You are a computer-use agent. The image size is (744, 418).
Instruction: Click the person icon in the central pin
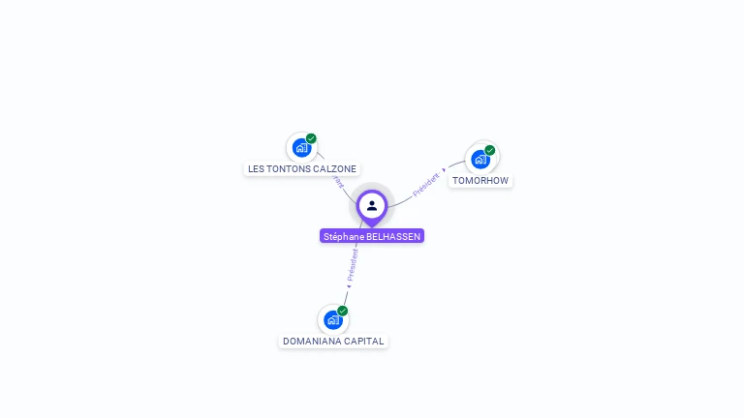point(372,205)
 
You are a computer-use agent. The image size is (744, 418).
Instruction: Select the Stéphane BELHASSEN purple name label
point(372,236)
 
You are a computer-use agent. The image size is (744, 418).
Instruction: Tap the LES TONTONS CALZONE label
point(302,168)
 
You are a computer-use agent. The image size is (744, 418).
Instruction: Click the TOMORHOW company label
point(480,180)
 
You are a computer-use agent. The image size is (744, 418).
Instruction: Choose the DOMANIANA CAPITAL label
point(333,341)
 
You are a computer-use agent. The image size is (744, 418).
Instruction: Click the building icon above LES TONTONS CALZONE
point(301,148)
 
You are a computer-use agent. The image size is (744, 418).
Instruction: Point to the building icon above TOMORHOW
point(480,160)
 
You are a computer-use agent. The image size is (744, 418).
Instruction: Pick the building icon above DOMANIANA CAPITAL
point(333,319)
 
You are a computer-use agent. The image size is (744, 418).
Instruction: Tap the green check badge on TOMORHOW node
point(490,150)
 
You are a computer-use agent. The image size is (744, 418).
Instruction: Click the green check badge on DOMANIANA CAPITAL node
point(343,311)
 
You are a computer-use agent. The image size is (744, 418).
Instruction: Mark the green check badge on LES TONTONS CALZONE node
point(311,138)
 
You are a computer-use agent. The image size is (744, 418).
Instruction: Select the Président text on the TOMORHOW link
point(426,184)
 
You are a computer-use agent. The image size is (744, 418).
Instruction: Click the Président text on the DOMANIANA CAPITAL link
point(353,264)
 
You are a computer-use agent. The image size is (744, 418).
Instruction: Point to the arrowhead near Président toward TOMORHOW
point(444,170)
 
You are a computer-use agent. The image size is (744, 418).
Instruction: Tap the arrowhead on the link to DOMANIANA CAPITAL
point(349,285)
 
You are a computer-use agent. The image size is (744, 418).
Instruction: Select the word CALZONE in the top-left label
point(335,168)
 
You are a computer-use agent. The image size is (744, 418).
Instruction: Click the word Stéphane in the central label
point(344,236)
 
